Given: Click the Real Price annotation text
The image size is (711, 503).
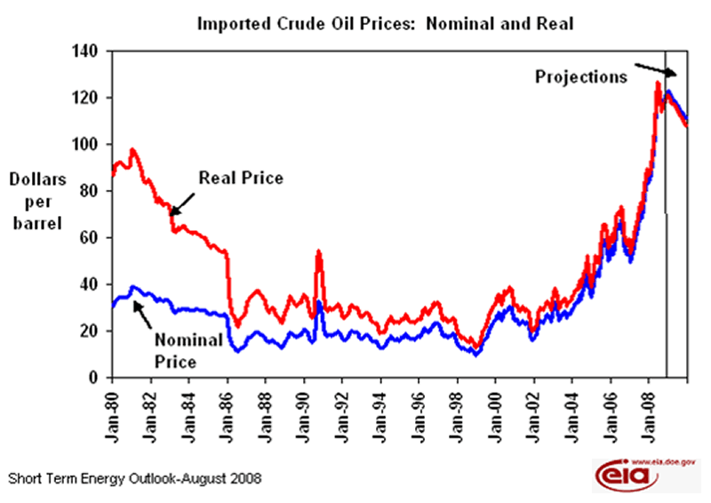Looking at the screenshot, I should tap(241, 178).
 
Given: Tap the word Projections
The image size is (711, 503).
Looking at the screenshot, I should tap(580, 76).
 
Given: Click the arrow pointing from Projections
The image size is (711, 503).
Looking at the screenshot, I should tap(660, 69).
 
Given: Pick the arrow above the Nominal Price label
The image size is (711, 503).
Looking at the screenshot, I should tap(143, 312).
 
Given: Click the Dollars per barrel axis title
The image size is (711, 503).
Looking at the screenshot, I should tap(36, 200).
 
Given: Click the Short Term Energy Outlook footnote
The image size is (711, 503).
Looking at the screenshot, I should tap(135, 478).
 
